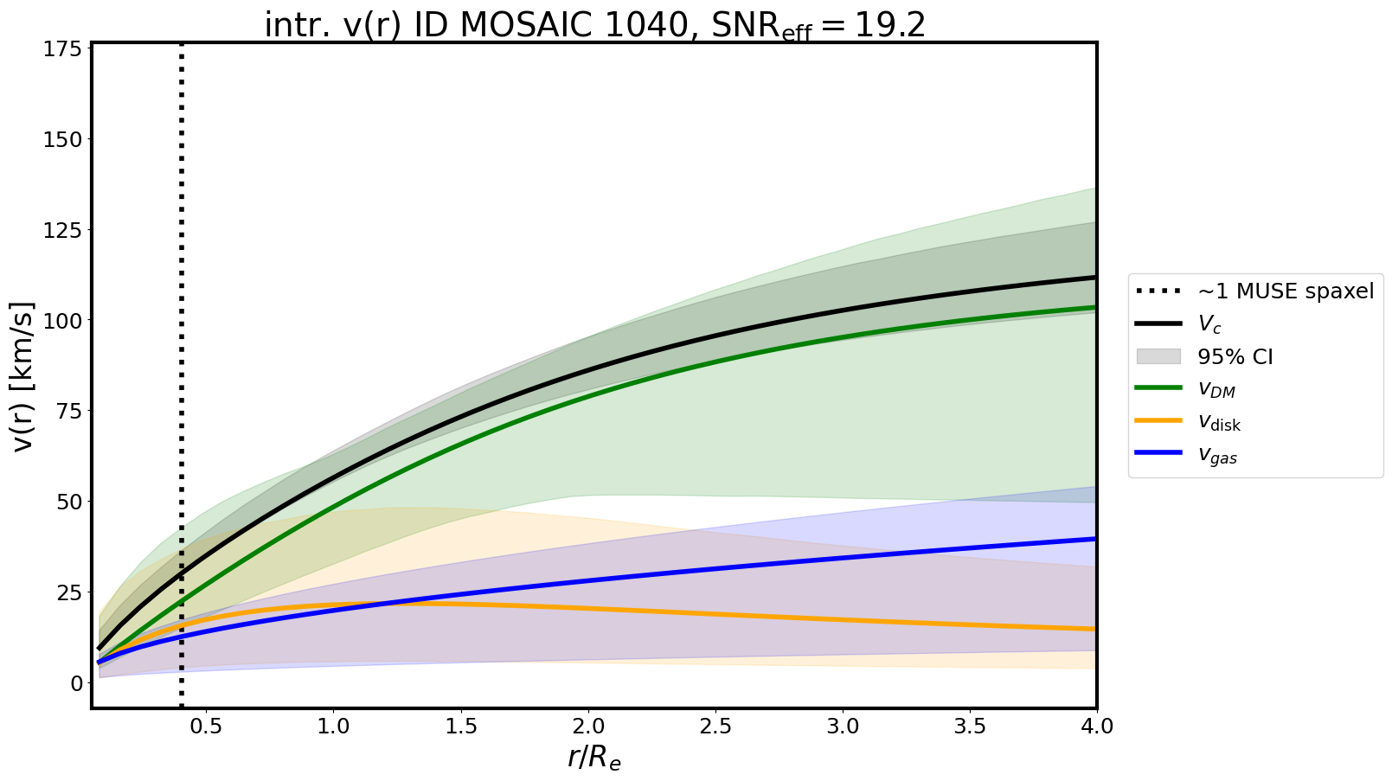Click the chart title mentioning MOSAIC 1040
coord(594,25)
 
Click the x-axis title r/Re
coord(594,757)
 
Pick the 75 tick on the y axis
coord(71,411)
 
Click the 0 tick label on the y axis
coord(77,683)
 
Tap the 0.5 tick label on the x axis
coord(206,727)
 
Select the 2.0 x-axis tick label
coord(588,727)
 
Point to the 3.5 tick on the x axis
coord(970,727)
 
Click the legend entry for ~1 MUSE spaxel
coord(1285,291)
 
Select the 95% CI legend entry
coord(1235,356)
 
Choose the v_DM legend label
coord(1216,389)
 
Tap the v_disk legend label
coord(1219,422)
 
